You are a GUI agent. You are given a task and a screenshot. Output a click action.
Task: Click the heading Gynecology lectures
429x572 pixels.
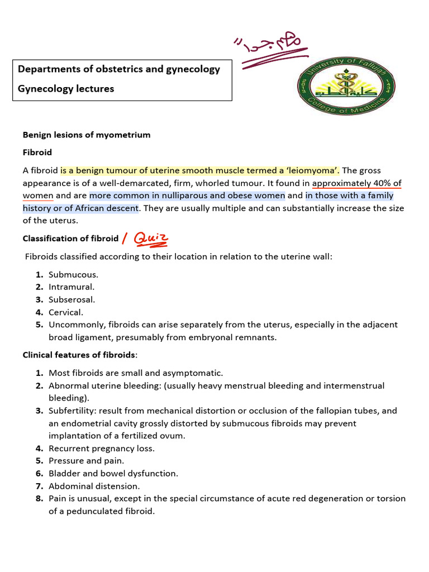pos(66,88)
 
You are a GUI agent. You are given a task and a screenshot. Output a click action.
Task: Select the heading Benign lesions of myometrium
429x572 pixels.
pos(86,135)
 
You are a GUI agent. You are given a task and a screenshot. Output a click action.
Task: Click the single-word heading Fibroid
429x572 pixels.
pos(37,151)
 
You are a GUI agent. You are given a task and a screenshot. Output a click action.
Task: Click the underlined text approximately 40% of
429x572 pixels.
pos(356,183)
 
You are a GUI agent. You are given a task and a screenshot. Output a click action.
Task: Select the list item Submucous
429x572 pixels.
pos(73,275)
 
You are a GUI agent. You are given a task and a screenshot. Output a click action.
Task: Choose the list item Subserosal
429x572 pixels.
pos(71,300)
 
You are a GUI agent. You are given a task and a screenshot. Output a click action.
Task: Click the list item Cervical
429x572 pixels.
pos(65,312)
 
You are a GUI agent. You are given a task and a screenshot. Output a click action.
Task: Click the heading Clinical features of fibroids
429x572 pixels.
pos(79,355)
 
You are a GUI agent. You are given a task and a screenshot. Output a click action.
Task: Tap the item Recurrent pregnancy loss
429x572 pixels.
pos(102,448)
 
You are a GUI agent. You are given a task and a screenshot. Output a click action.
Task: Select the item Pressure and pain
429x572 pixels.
pos(86,461)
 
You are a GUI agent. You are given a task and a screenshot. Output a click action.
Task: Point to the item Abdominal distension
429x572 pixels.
pos(94,486)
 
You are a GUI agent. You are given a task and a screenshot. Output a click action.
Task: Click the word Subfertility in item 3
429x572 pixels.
pos(69,411)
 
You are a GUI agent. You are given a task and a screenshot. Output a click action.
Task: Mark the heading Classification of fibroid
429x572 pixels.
pos(70,239)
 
